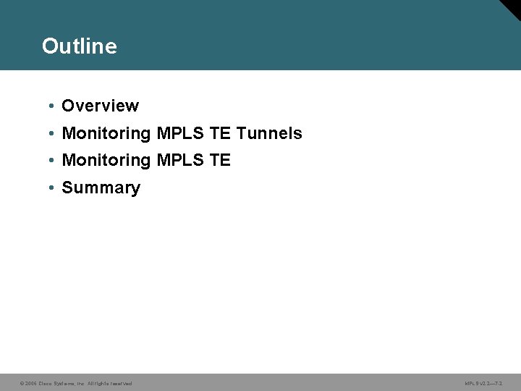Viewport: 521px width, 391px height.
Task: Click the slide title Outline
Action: tap(79, 46)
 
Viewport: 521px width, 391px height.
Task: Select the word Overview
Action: tap(100, 106)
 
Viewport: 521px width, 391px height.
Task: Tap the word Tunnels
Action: tap(269, 133)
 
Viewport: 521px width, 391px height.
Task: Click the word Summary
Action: tap(101, 188)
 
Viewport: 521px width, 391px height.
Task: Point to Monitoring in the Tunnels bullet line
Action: tap(106, 133)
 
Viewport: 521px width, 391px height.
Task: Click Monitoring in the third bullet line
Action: tap(106, 160)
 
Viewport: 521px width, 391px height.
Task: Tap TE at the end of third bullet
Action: tap(220, 160)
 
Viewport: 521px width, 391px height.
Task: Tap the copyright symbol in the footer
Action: tap(22, 383)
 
